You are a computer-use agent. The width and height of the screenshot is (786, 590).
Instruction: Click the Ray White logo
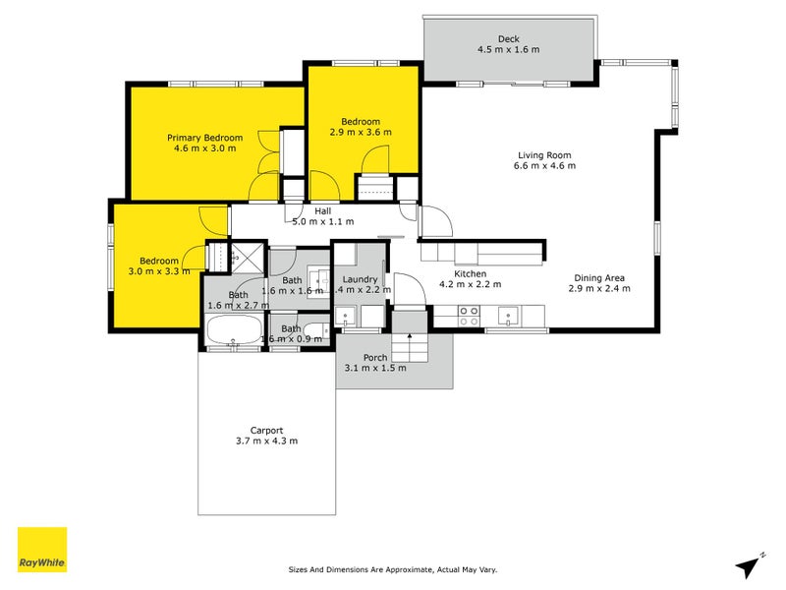point(42,550)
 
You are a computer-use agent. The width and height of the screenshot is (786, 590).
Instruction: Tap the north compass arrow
point(752,566)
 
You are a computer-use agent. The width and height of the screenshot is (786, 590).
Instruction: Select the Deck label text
point(508,39)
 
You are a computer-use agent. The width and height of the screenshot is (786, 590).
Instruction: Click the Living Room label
point(544,155)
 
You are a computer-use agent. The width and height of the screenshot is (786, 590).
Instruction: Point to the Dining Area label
point(599,277)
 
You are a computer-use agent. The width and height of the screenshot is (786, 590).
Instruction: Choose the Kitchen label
point(470,274)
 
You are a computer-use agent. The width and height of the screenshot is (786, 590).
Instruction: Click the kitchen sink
point(509,316)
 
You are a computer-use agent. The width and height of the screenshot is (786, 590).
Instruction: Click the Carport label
point(266,430)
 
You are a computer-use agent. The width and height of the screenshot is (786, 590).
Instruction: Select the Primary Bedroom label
point(204,138)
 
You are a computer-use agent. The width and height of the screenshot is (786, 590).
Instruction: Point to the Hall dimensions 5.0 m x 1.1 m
point(322,221)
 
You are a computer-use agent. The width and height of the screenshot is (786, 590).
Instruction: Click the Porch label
point(375,357)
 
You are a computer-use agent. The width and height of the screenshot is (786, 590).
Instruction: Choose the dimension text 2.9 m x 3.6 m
point(361,132)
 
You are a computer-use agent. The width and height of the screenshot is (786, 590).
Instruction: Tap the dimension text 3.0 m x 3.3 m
point(159,270)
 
